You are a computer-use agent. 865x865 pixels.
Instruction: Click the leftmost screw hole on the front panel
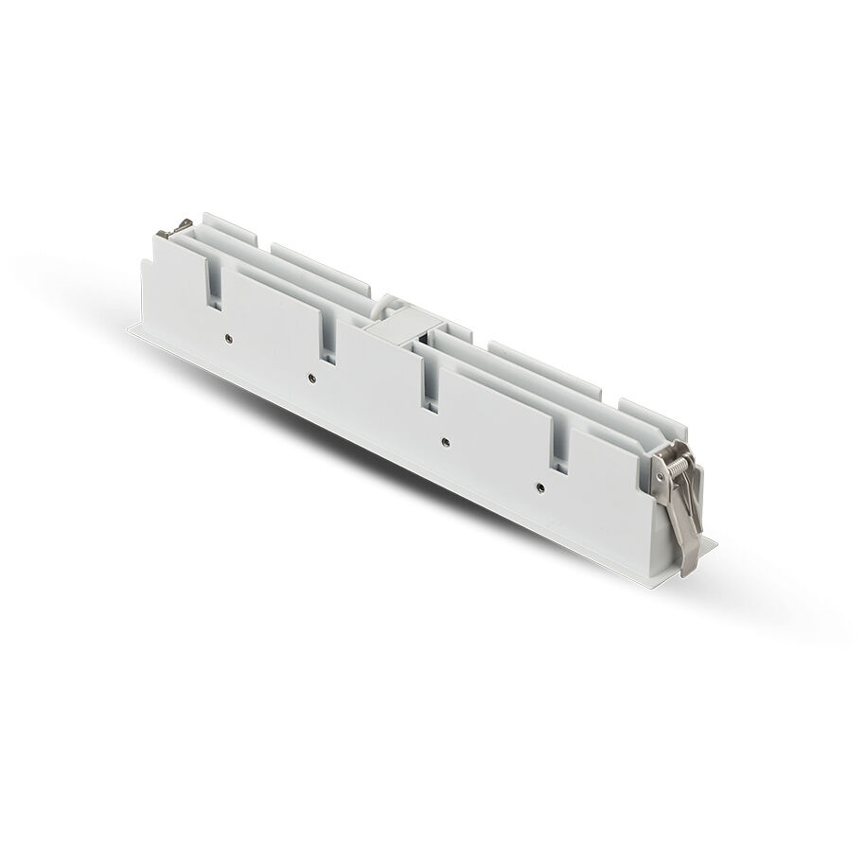[228, 336]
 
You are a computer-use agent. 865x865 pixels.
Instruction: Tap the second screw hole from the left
[311, 378]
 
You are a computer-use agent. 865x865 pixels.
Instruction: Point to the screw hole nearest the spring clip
[538, 487]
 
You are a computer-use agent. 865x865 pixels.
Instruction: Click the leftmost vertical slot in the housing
[216, 283]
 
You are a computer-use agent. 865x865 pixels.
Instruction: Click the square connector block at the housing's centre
[394, 330]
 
